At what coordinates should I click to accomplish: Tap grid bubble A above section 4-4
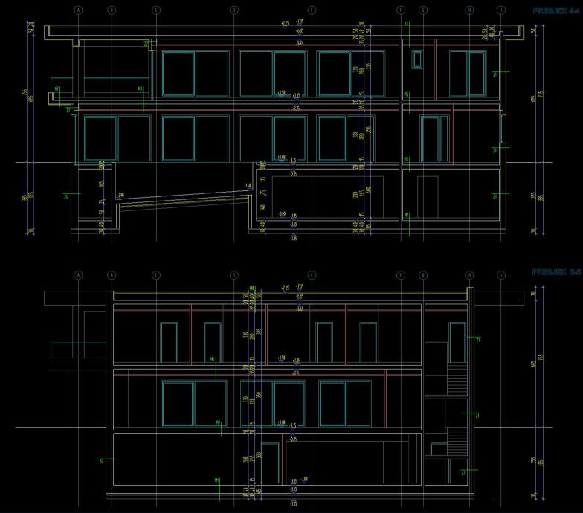(x=78, y=10)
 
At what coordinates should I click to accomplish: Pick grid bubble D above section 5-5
(x=233, y=275)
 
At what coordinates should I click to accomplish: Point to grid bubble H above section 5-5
(x=470, y=275)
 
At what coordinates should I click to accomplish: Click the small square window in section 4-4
(x=416, y=59)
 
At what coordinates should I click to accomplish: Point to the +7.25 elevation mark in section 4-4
(x=285, y=24)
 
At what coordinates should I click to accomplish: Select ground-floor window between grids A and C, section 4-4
(x=117, y=138)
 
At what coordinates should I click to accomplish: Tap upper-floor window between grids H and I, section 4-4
(x=467, y=73)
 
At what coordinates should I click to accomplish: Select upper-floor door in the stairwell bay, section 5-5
(x=457, y=342)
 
